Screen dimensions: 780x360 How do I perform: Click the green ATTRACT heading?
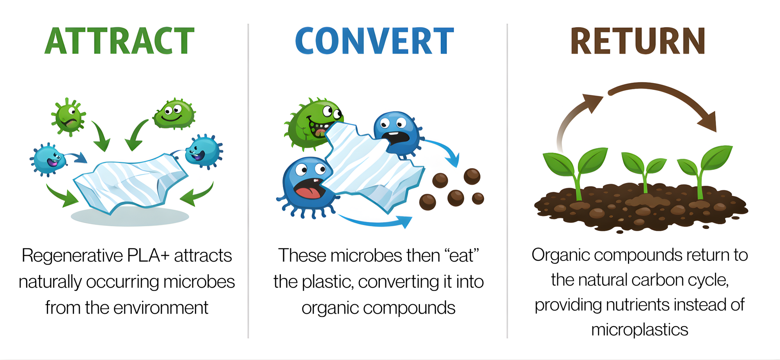point(119,41)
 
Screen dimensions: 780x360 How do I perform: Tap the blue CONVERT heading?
point(374,41)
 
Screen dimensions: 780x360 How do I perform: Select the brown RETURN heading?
point(638,41)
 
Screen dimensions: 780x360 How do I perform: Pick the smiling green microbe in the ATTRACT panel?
point(174,114)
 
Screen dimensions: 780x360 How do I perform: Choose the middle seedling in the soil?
point(643,172)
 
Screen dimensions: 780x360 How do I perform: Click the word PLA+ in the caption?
point(148,256)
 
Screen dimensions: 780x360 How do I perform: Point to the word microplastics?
point(640,330)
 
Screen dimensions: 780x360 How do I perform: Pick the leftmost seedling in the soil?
point(575,172)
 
